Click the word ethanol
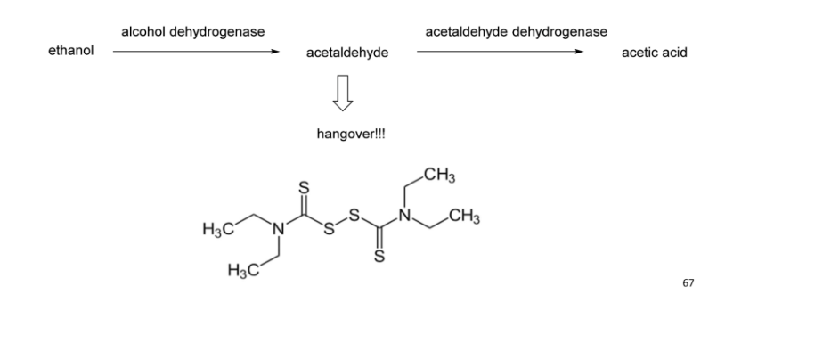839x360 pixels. point(70,53)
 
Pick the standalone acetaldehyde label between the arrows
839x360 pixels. point(346,53)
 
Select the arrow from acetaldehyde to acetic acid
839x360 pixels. point(500,52)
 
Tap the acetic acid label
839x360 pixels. point(654,53)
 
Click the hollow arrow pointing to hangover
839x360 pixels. point(345,94)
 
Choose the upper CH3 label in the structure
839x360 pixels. point(441,174)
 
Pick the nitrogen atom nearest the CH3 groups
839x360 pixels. point(403,215)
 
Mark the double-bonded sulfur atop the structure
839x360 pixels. point(304,189)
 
